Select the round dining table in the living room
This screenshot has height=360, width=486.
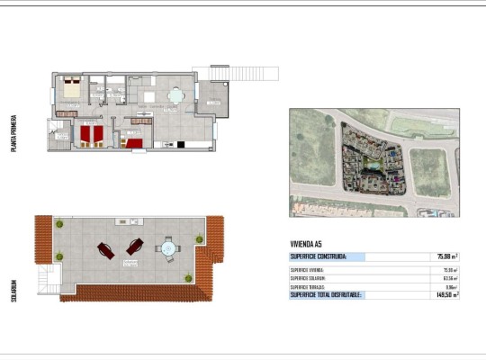177,93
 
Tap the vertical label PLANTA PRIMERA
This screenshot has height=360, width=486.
13,133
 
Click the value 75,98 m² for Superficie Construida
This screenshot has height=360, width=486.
447,256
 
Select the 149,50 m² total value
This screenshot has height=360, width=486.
447,294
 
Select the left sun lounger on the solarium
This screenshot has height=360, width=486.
105,249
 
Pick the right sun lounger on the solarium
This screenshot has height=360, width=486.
135,246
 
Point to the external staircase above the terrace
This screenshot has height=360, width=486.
235,71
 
